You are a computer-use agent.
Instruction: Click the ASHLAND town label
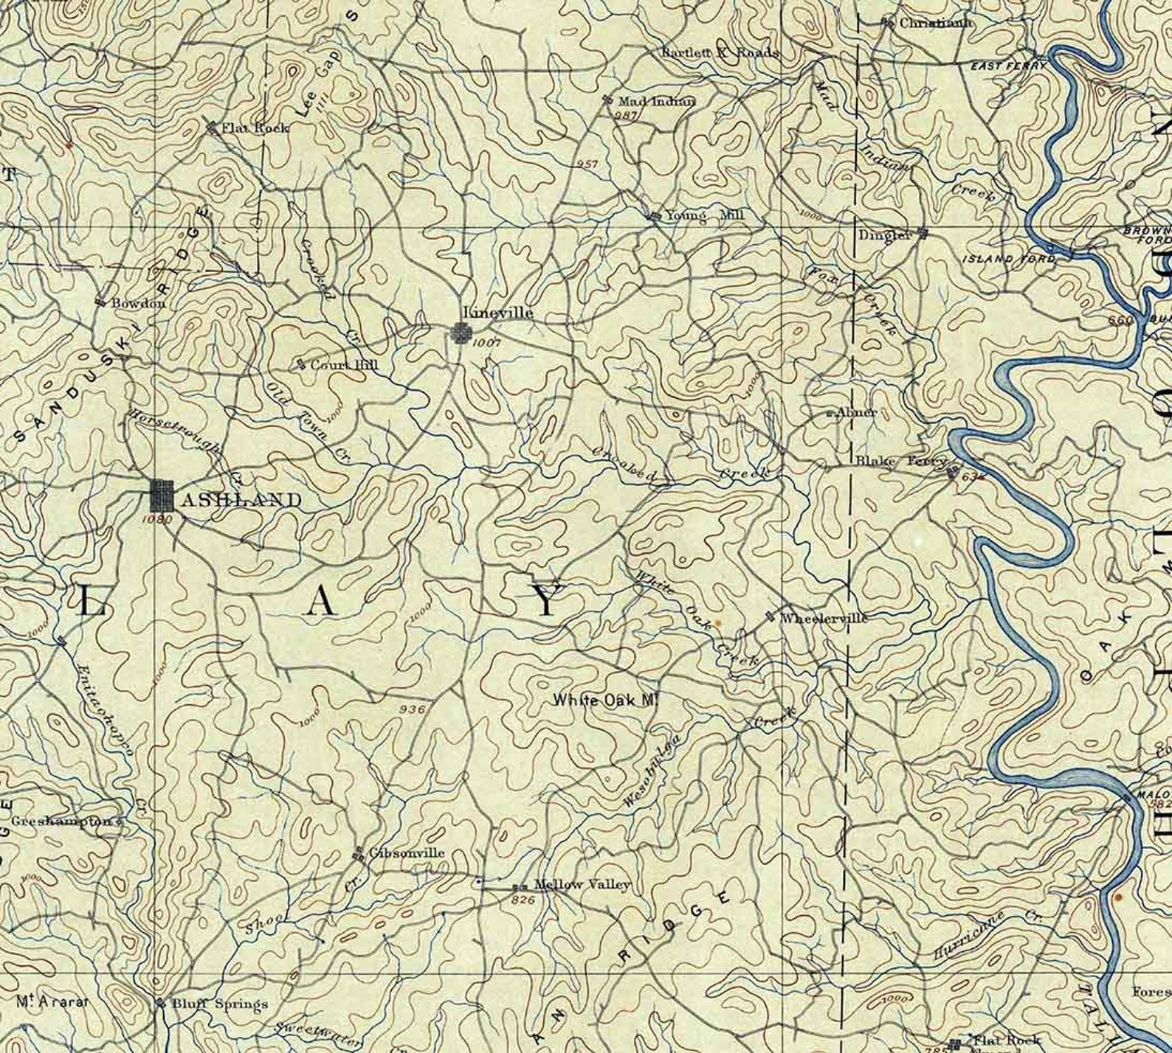point(241,500)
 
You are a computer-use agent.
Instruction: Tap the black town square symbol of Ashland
point(162,496)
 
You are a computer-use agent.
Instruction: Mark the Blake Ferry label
point(900,462)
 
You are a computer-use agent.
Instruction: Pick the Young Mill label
point(705,215)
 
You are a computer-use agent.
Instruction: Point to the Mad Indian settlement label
point(656,101)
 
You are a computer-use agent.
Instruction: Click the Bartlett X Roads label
point(720,53)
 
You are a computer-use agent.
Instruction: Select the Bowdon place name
point(138,302)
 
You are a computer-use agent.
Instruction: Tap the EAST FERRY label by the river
point(1007,66)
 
